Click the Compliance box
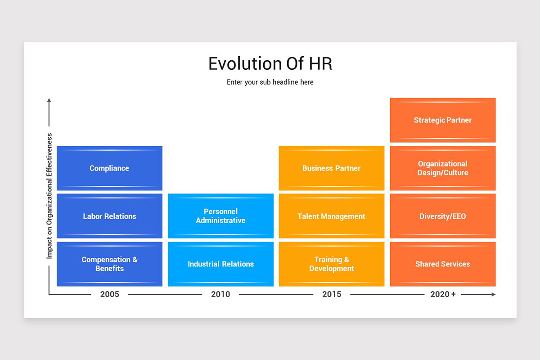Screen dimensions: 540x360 (109, 168)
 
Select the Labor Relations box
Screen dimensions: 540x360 (109, 216)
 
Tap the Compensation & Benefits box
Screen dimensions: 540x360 (109, 264)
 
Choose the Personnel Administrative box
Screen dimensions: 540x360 (220, 216)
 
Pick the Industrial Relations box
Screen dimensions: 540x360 (220, 264)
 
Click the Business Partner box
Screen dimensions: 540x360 (332, 168)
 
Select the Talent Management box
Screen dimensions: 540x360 (332, 216)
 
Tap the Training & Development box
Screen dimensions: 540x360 (332, 264)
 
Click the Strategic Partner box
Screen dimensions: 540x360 (443, 120)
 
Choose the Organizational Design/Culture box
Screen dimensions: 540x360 (443, 168)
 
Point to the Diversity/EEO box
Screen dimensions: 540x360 (443, 216)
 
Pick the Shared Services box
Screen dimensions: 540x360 (443, 264)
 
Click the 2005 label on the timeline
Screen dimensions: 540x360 (110, 294)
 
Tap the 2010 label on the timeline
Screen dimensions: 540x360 (220, 294)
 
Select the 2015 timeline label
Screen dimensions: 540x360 (332, 294)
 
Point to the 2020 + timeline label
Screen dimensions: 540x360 (443, 294)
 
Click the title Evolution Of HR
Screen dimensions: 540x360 (270, 63)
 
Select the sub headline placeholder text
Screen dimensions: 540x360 (270, 82)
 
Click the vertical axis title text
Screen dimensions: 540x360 (49, 196)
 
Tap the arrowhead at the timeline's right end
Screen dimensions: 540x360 (494, 294)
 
